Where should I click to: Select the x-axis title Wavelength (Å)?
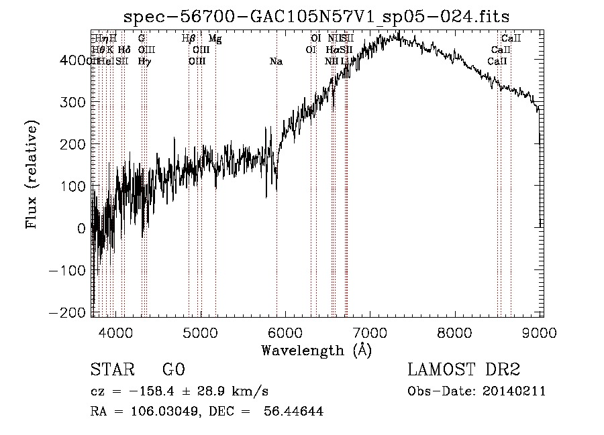tap(316, 350)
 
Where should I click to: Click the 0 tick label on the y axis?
tap(81, 229)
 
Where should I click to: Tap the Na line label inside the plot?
tap(276, 62)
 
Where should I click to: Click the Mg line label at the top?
tap(215, 39)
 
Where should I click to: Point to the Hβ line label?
tap(189, 39)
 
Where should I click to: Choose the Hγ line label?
tap(144, 62)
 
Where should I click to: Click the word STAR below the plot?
tap(111, 371)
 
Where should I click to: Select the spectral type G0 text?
tap(173, 371)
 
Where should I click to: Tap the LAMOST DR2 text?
tap(464, 370)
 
